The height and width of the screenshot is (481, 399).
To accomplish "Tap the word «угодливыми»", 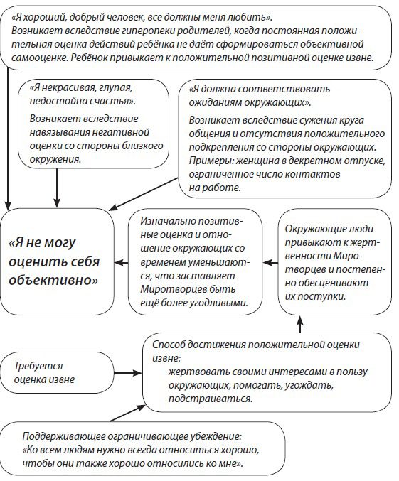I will point(221,302).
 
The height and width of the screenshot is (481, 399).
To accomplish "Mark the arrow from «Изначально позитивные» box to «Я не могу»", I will point(119,261).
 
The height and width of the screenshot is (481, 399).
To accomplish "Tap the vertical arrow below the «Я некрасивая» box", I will point(55,188).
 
